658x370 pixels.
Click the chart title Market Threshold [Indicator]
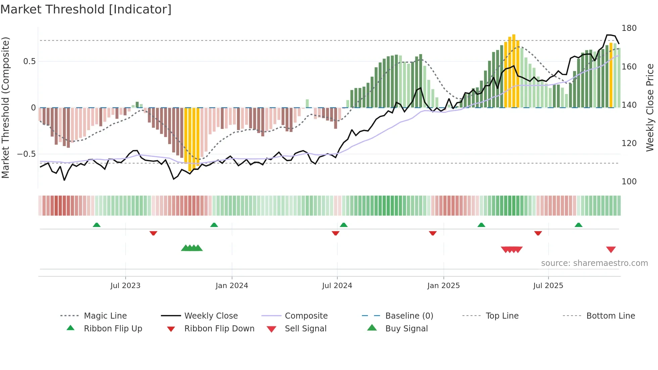pyautogui.click(x=86, y=9)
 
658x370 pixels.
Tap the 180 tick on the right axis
pyautogui.click(x=629, y=28)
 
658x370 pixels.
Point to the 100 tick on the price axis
pyautogui.click(x=629, y=182)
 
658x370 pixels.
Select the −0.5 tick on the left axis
pyautogui.click(x=26, y=154)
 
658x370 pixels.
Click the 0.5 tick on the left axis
pyautogui.click(x=29, y=61)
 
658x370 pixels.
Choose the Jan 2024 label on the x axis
pyautogui.click(x=232, y=286)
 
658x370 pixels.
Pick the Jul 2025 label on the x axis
pyautogui.click(x=548, y=286)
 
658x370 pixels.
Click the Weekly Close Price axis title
pyautogui.click(x=650, y=107)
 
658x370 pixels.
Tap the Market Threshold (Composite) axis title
pyautogui.click(x=5, y=107)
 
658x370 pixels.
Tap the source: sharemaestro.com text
pyautogui.click(x=594, y=263)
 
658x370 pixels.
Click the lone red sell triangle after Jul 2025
pyautogui.click(x=611, y=249)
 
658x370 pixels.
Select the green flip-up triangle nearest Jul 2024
pyautogui.click(x=343, y=225)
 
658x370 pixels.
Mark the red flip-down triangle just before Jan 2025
pyautogui.click(x=432, y=233)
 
